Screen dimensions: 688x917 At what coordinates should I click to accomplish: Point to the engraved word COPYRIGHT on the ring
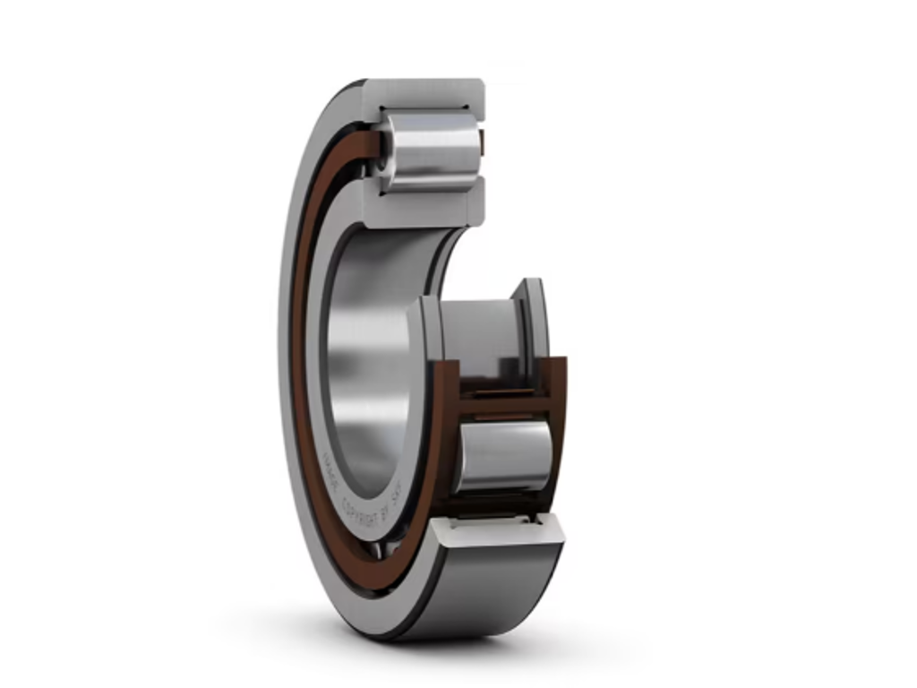(358, 496)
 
